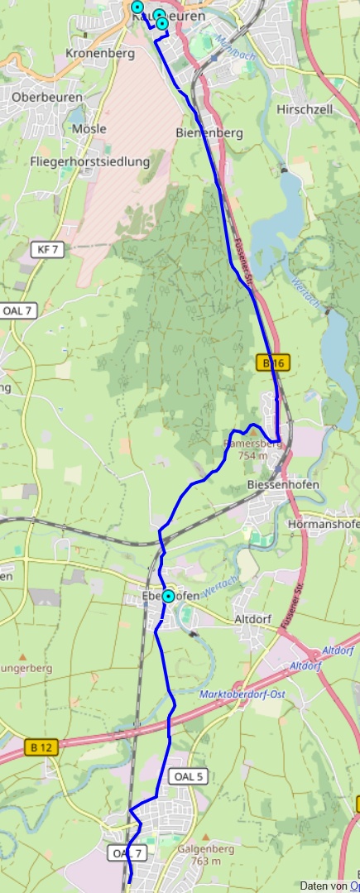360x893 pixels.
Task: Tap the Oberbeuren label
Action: coord(47,97)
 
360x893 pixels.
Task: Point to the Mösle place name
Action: coord(90,128)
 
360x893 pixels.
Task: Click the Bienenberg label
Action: coord(209,132)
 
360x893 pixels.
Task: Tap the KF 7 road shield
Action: coord(49,249)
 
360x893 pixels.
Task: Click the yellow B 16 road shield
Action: coord(274,362)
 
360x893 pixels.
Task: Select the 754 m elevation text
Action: coord(252,455)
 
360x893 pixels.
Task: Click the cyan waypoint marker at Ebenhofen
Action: coord(169,596)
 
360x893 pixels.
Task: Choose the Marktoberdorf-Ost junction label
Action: coord(242,694)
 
